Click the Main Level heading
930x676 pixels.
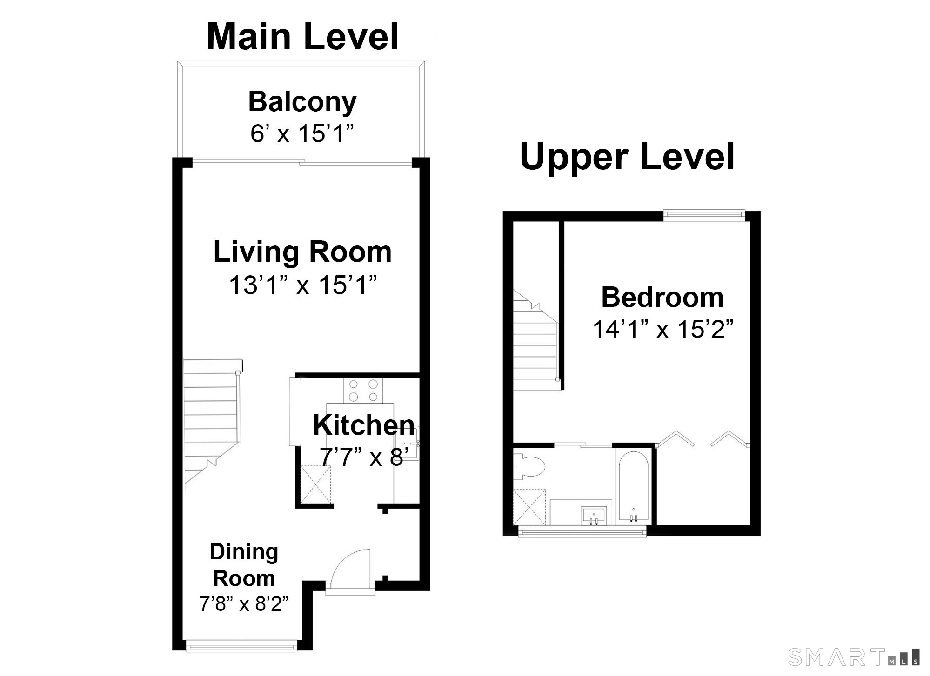tap(302, 37)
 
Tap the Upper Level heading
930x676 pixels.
tap(627, 157)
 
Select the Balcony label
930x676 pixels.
tap(302, 102)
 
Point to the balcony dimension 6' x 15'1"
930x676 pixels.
tap(302, 134)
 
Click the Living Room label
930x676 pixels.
tap(302, 252)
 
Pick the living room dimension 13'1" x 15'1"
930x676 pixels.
tap(302, 285)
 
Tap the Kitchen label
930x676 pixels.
tap(364, 425)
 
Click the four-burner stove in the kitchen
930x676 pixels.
tap(361, 391)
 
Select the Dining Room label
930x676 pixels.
tap(244, 565)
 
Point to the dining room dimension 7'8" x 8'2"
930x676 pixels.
tap(244, 604)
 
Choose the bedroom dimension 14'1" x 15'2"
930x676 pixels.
tap(662, 330)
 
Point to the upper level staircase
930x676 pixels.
tap(535, 339)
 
